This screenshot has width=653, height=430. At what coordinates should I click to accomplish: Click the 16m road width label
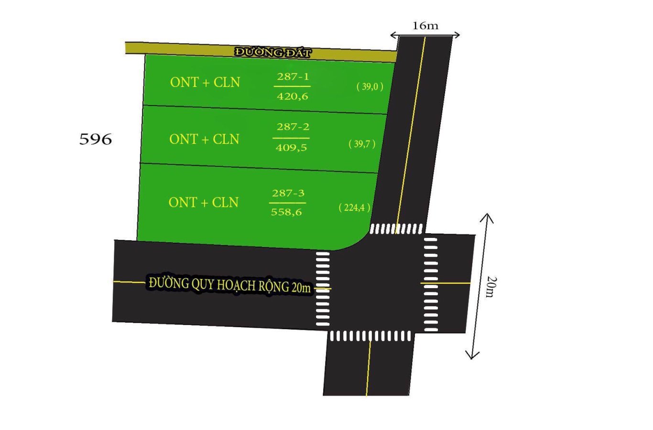[x=425, y=26]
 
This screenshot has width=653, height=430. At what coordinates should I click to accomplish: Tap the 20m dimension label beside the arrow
[x=491, y=287]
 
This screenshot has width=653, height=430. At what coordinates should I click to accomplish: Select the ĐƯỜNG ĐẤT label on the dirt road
[x=273, y=53]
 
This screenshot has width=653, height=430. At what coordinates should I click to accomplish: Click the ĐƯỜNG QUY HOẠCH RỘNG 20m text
[x=230, y=285]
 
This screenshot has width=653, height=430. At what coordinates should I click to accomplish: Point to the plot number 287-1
[x=293, y=76]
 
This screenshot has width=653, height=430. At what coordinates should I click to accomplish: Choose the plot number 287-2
[x=293, y=127]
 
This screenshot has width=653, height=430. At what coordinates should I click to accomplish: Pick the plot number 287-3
[x=288, y=193]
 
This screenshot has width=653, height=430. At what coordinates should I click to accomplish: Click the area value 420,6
[x=293, y=96]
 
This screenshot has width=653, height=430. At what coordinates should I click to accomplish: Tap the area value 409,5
[x=291, y=148]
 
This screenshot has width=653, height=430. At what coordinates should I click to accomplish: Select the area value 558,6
[x=286, y=212]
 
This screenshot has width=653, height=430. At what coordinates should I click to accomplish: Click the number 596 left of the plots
[x=96, y=139]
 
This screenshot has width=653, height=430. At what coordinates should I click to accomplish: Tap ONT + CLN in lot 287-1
[x=205, y=83]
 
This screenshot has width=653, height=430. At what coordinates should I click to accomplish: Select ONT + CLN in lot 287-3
[x=204, y=203]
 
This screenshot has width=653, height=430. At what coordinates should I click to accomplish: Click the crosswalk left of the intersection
[x=323, y=289]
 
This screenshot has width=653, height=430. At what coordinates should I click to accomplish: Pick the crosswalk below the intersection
[x=370, y=336]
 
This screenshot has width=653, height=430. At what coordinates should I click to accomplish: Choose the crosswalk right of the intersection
[x=431, y=285]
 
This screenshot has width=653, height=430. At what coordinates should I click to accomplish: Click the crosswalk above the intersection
[x=396, y=229]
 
